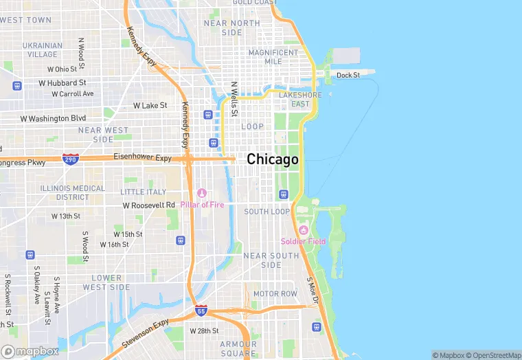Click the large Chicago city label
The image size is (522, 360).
(273, 159)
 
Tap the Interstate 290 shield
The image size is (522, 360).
(70, 159)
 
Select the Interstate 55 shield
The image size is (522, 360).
(201, 311)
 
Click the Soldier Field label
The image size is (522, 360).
(303, 241)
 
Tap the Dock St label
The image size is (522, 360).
(348, 75)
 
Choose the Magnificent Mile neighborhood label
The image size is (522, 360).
(274, 56)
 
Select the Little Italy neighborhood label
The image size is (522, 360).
(143, 192)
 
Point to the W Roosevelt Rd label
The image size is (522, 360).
(149, 205)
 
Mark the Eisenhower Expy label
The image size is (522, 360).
(142, 157)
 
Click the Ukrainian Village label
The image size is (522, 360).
(43, 50)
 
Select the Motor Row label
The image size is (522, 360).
(275, 293)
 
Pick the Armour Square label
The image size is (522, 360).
(238, 348)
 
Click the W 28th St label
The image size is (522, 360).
(204, 331)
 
